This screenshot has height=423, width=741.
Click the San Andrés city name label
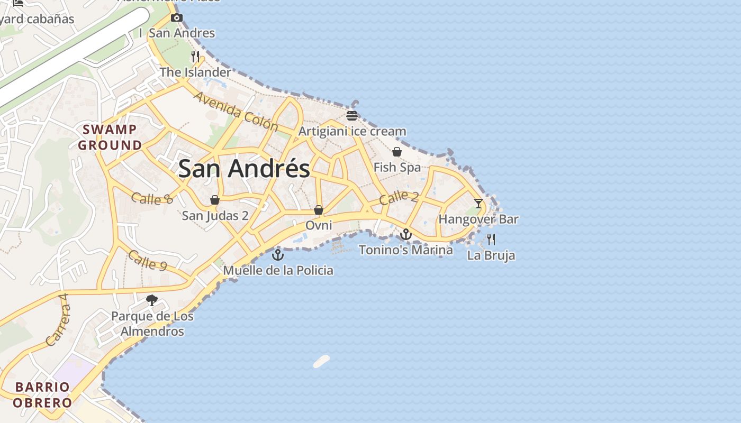click(244, 169)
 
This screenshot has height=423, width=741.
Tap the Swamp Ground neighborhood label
click(110, 137)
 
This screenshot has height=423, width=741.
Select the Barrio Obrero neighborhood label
click(42, 394)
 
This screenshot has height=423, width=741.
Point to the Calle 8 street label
click(152, 198)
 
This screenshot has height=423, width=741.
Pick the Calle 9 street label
click(148, 260)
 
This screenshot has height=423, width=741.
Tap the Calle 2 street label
click(399, 198)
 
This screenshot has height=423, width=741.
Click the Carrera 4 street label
click(58, 320)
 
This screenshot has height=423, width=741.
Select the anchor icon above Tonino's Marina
click(406, 234)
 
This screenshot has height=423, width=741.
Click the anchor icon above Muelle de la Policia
click(278, 255)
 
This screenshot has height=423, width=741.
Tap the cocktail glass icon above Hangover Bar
click(478, 203)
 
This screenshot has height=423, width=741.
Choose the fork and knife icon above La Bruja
click(491, 240)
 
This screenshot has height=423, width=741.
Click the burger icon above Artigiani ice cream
click(352, 115)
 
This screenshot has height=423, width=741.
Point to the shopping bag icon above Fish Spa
click(397, 152)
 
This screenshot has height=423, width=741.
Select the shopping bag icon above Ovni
click(319, 210)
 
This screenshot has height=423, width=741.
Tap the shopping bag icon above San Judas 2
click(215, 200)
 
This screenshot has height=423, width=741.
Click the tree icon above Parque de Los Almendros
click(152, 300)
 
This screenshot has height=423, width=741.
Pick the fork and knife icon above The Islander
click(195, 56)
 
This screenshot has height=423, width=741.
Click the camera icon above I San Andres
click(177, 18)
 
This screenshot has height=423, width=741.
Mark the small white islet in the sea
click(321, 361)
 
